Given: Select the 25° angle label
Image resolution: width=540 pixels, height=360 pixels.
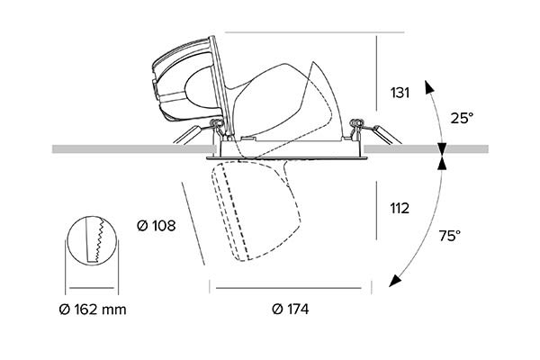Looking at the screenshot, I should pos(462,118).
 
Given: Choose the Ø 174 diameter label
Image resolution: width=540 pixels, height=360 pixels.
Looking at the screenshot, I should pos(290,310).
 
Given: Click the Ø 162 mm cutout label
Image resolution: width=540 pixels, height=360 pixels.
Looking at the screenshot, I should pos(92,310).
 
